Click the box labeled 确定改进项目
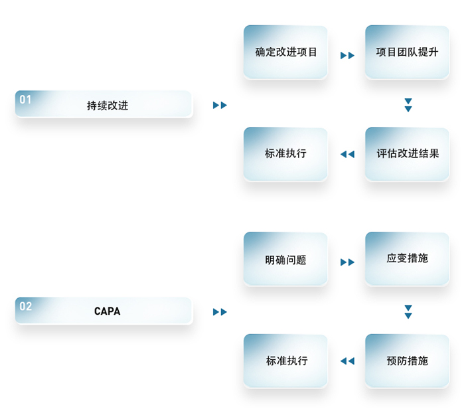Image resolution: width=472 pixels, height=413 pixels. point(285,52)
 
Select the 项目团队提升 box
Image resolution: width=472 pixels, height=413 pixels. point(407,52)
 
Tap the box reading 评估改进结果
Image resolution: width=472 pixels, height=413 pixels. point(407,154)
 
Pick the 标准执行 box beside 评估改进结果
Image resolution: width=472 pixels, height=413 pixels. point(285,154)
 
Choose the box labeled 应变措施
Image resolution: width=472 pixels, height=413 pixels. point(407,258)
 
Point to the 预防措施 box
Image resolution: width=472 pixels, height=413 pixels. point(407,361)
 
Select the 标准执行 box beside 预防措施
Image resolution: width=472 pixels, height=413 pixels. point(285,361)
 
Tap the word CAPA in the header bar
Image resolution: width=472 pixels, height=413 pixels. point(107,311)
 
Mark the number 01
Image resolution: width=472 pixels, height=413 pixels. point(25,100)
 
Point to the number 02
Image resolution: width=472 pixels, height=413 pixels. point(25,306)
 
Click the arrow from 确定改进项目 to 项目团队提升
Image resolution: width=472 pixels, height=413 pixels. point(347,56)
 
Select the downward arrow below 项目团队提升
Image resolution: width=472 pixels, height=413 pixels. point(408,105)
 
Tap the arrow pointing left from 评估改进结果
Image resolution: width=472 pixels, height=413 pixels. point(347,155)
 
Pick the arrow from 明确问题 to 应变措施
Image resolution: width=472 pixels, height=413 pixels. point(347,262)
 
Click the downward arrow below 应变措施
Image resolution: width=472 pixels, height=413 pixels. point(408,311)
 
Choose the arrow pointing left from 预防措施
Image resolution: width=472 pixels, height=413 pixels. point(347,361)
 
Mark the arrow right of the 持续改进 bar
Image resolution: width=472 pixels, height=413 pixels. point(220,106)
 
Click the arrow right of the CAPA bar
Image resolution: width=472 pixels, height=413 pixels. point(220,312)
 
